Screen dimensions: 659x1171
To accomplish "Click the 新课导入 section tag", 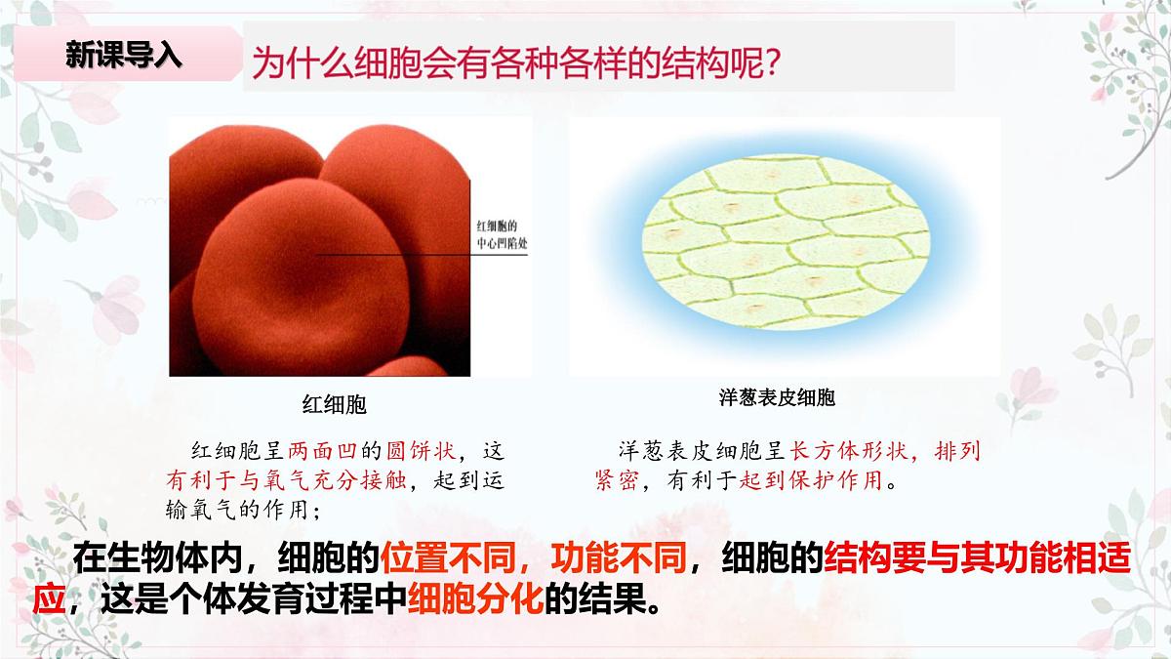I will point(124,56).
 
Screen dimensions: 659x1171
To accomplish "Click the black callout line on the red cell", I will point(410,257).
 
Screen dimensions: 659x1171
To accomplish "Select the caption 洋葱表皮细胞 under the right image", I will point(777,398).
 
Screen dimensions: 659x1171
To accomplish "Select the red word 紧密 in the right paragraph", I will point(617,480).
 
